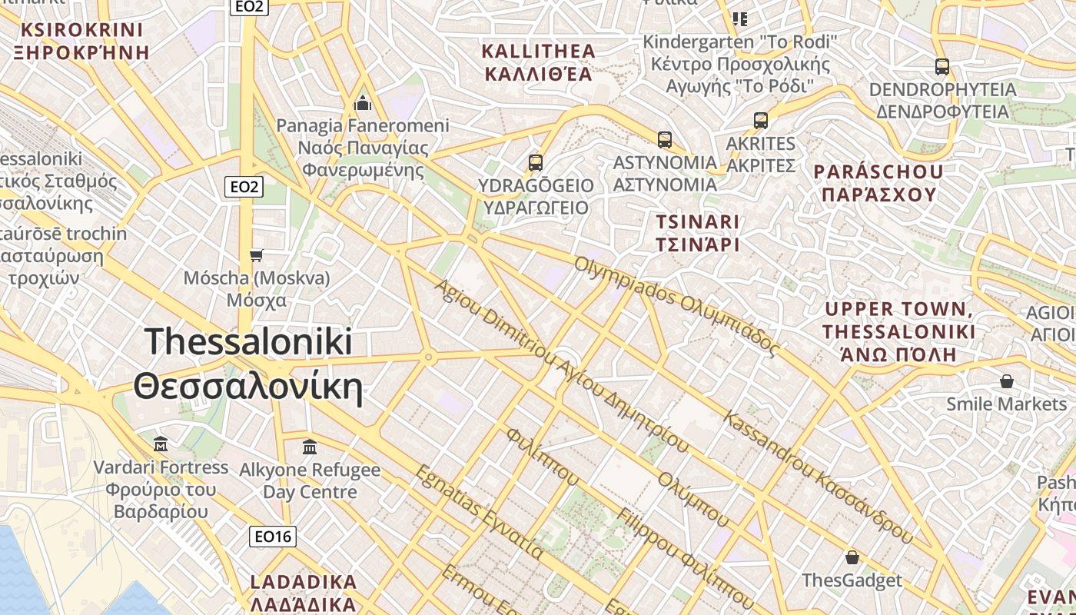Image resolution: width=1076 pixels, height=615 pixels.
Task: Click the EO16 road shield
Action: pyautogui.click(x=273, y=536)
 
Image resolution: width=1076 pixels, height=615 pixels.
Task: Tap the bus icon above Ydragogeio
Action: pyautogui.click(x=536, y=163)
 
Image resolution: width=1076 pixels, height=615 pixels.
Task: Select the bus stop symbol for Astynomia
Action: pyautogui.click(x=665, y=140)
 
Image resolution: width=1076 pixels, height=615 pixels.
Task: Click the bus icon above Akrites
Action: pyautogui.click(x=761, y=121)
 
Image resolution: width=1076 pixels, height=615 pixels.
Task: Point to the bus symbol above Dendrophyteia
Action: pyautogui.click(x=942, y=67)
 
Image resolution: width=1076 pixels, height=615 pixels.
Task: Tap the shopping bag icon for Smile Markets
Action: pyautogui.click(x=1006, y=381)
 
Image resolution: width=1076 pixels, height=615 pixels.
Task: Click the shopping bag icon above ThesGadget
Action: pyautogui.click(x=852, y=557)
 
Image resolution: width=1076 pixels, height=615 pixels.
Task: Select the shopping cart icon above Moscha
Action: pyautogui.click(x=257, y=255)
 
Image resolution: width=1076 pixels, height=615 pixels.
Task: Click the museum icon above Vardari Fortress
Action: pyautogui.click(x=161, y=444)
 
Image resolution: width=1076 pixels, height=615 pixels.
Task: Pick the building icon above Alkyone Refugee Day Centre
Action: pyautogui.click(x=310, y=447)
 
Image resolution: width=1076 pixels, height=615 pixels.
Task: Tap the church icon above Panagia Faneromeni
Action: pyautogui.click(x=363, y=102)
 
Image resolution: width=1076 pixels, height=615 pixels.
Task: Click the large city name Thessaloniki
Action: pyautogui.click(x=248, y=364)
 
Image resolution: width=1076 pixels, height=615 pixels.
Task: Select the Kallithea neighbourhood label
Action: pyautogui.click(x=538, y=62)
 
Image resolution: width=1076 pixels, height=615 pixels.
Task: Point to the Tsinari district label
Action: pyautogui.click(x=697, y=233)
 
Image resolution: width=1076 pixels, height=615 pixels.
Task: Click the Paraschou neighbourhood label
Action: pyautogui.click(x=878, y=183)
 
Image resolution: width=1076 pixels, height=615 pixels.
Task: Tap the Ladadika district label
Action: pyautogui.click(x=304, y=592)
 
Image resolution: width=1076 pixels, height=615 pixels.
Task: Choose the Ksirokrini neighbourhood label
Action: pyautogui.click(x=83, y=42)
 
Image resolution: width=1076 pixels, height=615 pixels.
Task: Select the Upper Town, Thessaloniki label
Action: pyautogui.click(x=898, y=332)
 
